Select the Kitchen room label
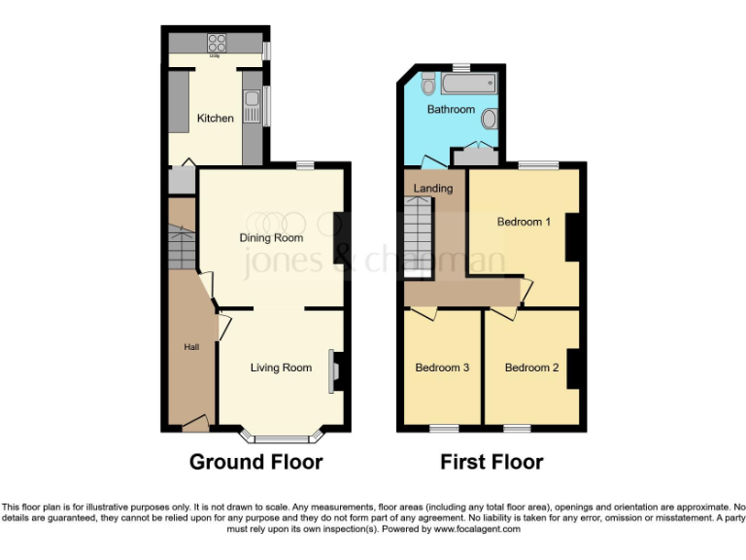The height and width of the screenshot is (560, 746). coord(216,119)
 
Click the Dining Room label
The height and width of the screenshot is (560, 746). coord(272,237)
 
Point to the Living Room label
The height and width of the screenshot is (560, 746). coord(281,367)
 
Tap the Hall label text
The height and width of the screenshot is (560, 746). coord(191,347)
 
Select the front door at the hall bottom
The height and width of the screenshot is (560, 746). coord(195,423)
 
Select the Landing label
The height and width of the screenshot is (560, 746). coord(432,188)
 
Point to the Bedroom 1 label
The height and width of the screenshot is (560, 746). coord(524,222)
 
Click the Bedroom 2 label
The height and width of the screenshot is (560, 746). coord(531,367)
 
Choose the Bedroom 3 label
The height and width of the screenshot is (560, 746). coord(442,367)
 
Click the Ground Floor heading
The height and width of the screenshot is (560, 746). coord(255,462)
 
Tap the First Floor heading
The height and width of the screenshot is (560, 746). coord(492,462)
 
